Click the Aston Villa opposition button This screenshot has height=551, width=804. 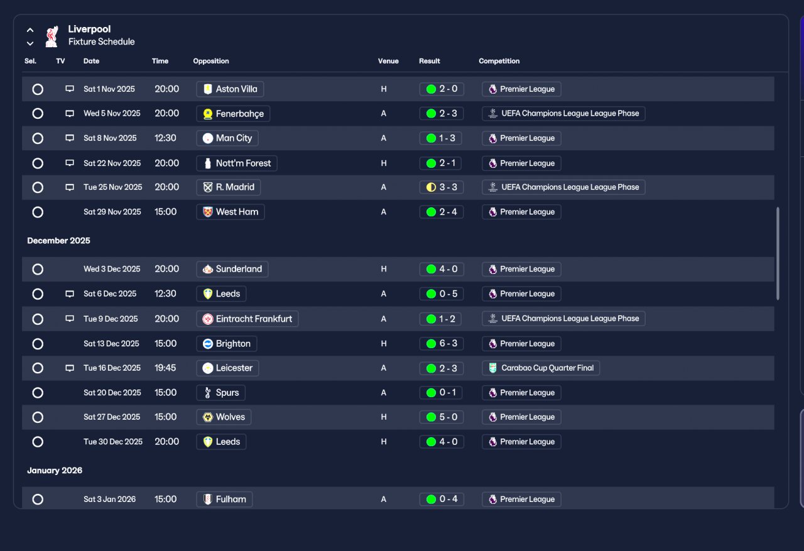(230, 89)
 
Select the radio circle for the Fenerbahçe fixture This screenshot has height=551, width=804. (38, 114)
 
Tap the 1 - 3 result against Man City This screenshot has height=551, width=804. (440, 138)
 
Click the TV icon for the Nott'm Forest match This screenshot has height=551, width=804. (70, 163)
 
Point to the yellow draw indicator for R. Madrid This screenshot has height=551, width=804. (431, 187)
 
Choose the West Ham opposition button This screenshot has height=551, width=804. (231, 212)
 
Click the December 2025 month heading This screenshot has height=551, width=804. (58, 241)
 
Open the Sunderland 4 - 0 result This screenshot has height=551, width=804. (442, 270)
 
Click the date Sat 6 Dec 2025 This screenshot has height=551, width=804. (110, 293)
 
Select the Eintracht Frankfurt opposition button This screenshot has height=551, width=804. (247, 319)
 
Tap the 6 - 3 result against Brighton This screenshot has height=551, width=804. (442, 344)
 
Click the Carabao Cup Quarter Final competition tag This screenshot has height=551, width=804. (541, 368)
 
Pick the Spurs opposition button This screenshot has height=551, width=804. (220, 393)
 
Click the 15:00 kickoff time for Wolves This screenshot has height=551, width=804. (165, 417)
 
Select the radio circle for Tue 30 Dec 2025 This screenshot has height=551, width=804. (38, 442)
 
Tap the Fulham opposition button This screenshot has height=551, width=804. (224, 499)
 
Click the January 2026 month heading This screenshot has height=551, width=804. (55, 470)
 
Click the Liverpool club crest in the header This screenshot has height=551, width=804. (52, 36)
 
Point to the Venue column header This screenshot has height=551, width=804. (388, 61)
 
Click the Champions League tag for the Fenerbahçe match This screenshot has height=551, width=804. (563, 114)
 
